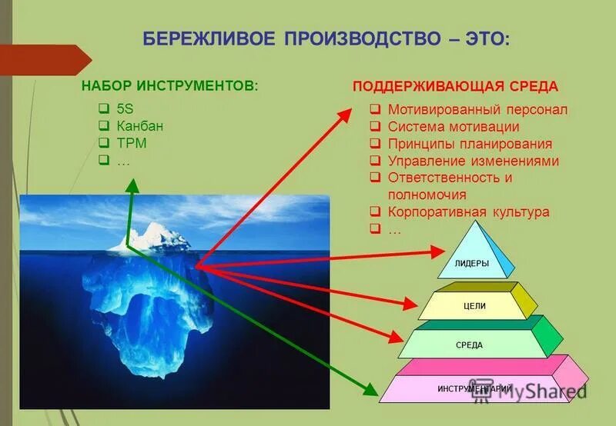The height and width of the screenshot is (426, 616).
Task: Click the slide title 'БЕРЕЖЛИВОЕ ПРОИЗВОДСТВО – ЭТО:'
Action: coord(326,39)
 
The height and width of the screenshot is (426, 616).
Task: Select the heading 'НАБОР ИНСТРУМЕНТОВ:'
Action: coord(170,85)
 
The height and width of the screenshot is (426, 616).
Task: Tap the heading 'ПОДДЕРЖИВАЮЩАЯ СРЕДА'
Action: coord(455,86)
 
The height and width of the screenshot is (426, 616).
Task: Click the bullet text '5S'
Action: coord(126,108)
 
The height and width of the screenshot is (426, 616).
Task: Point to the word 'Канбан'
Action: coord(140,126)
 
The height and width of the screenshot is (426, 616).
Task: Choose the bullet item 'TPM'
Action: coord(132,143)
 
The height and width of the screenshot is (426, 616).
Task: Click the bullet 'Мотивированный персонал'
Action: coord(477,109)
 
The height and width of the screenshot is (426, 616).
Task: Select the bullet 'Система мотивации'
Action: coord(454,127)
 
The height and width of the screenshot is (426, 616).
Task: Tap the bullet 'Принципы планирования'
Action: coord(470,144)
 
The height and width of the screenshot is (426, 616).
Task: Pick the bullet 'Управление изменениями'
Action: coord(473,161)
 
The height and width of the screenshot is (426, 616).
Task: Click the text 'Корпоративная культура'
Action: coord(468,212)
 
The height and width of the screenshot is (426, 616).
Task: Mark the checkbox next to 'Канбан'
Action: coord(103,126)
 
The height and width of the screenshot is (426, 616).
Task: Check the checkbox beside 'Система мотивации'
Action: coord(374,127)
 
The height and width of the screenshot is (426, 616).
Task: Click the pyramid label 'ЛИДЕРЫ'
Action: coord(473,264)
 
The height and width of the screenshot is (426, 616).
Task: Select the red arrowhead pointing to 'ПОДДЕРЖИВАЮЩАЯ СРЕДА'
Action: coord(343,115)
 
